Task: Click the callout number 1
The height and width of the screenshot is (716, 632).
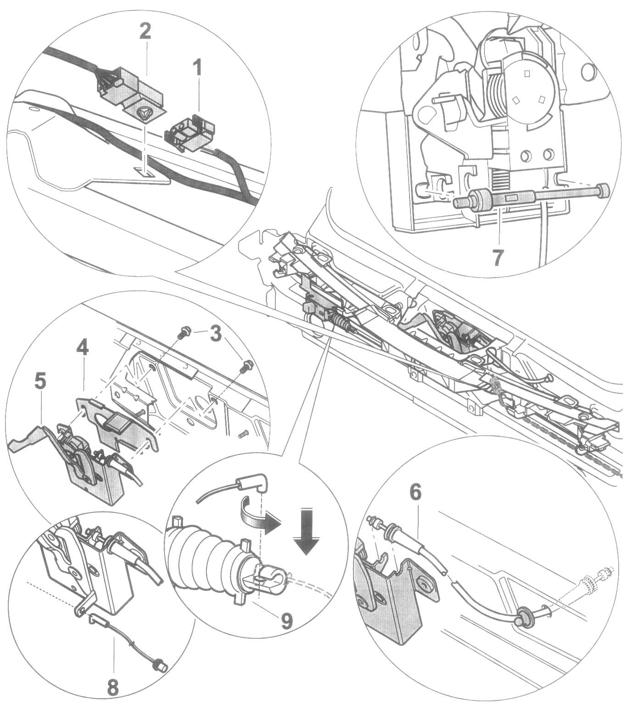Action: pyautogui.click(x=197, y=69)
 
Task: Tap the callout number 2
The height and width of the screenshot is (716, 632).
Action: pyautogui.click(x=145, y=32)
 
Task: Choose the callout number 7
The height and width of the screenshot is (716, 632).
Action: pyautogui.click(x=498, y=257)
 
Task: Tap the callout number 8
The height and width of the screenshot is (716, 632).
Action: pyautogui.click(x=113, y=687)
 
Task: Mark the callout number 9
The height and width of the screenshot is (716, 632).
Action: pyautogui.click(x=286, y=621)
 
